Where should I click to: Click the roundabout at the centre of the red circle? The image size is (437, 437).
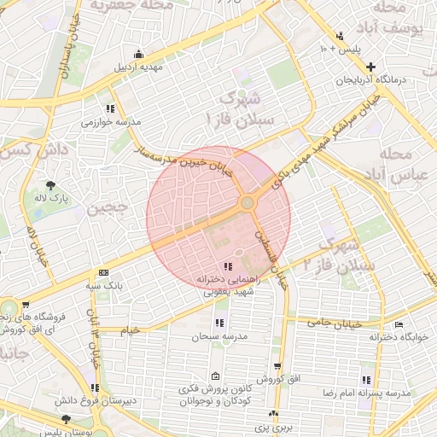pos(247,202)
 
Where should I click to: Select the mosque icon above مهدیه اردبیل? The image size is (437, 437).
pos(138,54)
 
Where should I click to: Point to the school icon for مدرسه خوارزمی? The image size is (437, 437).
pos(110,108)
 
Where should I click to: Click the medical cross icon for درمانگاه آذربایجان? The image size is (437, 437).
pos(370,67)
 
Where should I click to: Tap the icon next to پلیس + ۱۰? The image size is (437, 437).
pos(340,36)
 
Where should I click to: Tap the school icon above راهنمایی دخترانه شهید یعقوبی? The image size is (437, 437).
pos(226,266)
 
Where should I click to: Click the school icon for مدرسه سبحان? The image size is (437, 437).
pos(219,323)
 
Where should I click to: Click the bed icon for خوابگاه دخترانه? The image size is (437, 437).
pos(399,324)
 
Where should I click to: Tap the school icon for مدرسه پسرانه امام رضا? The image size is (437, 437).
pos(366,380)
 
